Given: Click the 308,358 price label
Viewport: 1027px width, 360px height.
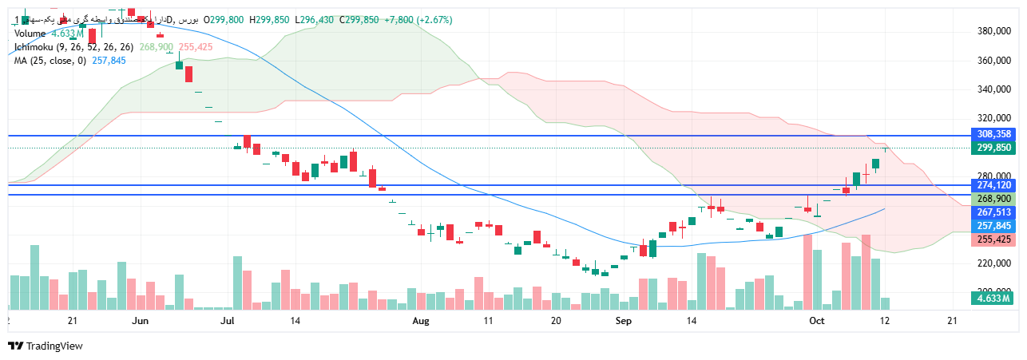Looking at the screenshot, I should (x=992, y=134).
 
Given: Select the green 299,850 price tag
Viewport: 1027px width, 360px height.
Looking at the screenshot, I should (x=992, y=148).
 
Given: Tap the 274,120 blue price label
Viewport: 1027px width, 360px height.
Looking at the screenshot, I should (x=992, y=185).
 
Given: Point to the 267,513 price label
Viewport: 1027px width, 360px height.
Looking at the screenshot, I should (x=992, y=212).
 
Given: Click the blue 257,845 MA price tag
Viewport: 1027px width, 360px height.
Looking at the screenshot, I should (x=992, y=226).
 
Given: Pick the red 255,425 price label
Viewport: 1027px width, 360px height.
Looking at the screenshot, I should (x=992, y=239).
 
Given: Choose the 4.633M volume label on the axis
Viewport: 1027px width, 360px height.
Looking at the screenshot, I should (x=992, y=299).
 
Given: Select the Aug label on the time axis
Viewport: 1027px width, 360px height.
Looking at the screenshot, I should (x=421, y=321).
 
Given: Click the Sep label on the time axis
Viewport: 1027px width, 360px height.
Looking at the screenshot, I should (x=625, y=321).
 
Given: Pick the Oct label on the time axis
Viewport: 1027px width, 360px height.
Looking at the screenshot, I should (x=815, y=321).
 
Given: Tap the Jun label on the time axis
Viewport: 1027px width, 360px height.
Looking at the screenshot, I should (x=141, y=321).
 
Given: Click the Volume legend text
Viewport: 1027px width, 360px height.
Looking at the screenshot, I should (x=30, y=34).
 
